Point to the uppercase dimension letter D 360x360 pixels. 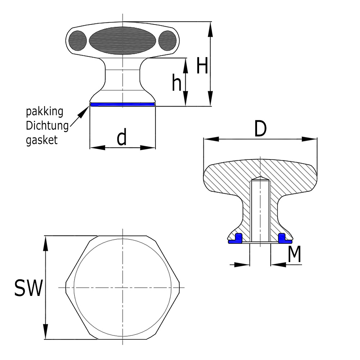coord(260,129)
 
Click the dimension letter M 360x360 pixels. coord(294,255)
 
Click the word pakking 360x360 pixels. coord(45,111)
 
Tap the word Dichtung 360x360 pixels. coord(47,126)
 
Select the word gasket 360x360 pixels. coord(41,140)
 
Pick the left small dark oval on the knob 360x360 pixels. coord(78,40)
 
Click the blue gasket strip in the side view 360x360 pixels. coord(122,104)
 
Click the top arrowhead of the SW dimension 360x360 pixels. coord(46,243)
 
